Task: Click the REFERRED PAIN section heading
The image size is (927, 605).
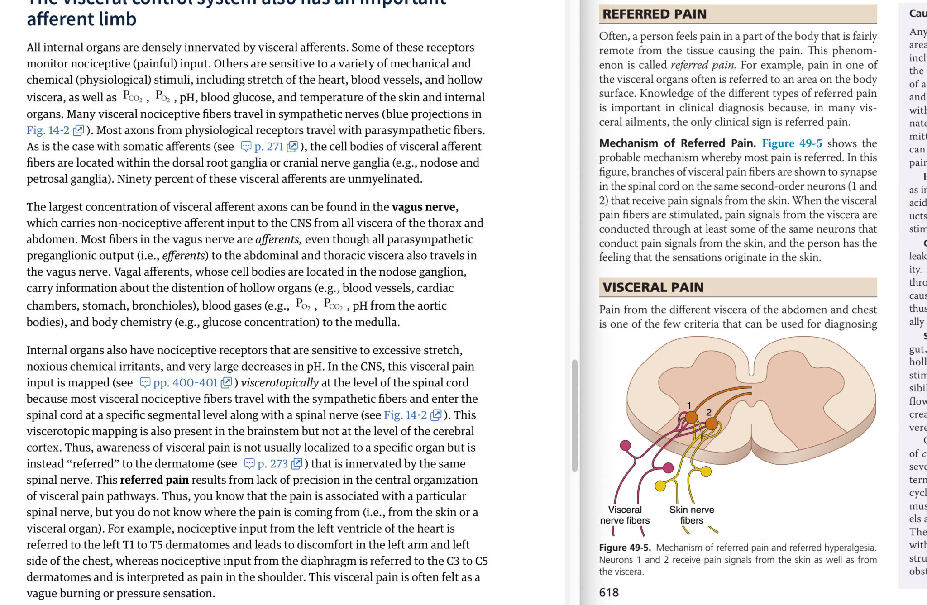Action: (x=654, y=14)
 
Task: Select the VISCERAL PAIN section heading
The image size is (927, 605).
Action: (x=653, y=287)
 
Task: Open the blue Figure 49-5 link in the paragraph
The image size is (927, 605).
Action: (x=792, y=143)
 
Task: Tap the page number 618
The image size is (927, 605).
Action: (x=608, y=592)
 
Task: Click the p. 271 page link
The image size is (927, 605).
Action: (x=268, y=147)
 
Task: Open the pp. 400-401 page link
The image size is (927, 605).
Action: (x=185, y=383)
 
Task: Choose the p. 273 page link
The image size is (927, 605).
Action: (x=272, y=464)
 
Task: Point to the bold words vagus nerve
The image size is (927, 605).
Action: (x=425, y=207)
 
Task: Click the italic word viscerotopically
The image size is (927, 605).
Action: (x=279, y=383)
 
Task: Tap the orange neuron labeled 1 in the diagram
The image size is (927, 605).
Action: (x=691, y=417)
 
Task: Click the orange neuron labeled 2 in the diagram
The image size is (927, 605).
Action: (x=711, y=424)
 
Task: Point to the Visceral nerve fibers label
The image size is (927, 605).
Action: (x=625, y=515)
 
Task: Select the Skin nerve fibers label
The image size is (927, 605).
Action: (x=692, y=515)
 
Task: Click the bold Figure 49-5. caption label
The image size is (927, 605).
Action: (x=625, y=548)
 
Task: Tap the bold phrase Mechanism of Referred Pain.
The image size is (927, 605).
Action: (x=677, y=143)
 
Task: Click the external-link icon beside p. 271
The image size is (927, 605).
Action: (x=293, y=147)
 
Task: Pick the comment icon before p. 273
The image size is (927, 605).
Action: (x=249, y=464)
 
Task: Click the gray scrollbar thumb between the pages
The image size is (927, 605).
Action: (x=574, y=415)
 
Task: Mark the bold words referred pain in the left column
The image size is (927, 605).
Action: (x=154, y=480)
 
